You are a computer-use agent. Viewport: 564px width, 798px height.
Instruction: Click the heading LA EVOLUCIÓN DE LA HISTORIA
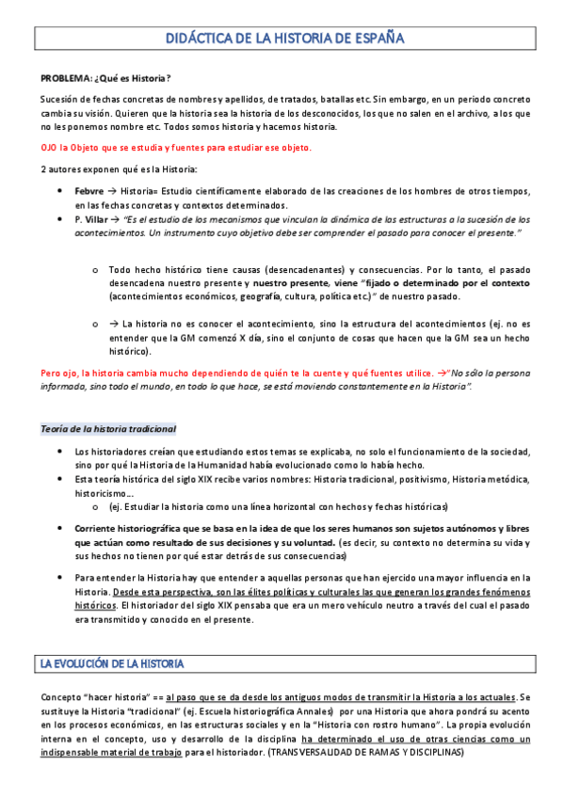[112, 664]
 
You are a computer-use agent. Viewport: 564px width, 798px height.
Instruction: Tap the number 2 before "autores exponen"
[43, 169]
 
